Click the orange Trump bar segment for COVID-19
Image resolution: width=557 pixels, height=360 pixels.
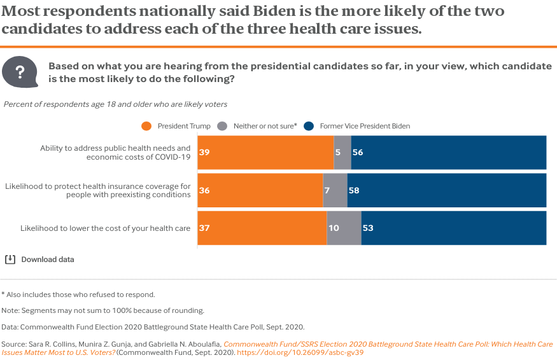pos(265,153)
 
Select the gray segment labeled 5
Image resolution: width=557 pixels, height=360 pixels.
pos(342,153)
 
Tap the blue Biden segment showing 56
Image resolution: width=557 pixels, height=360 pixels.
pos(448,153)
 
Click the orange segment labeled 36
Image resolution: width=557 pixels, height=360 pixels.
pos(260,190)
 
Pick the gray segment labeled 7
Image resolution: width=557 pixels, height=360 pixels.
pos(335,190)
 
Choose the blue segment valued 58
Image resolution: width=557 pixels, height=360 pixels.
pos(446,190)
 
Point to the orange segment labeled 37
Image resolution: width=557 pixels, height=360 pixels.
pos(262,228)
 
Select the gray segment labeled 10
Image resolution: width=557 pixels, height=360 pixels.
pos(344,228)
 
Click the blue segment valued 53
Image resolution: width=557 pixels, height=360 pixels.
pos(453,228)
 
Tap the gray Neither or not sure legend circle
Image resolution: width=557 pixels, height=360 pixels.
pos(222,126)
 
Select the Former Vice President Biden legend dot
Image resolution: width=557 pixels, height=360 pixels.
pos(309,126)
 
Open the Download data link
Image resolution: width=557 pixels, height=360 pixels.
pos(48,260)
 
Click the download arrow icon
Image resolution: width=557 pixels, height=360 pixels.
pos(10,260)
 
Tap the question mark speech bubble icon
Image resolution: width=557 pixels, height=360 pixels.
pos(20,72)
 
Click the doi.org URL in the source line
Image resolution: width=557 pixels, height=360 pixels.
pos(300,352)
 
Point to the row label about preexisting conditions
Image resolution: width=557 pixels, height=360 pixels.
pos(98,190)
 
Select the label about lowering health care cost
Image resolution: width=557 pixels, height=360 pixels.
pos(106,228)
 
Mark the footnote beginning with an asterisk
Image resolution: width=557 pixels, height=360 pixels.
pos(78,294)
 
